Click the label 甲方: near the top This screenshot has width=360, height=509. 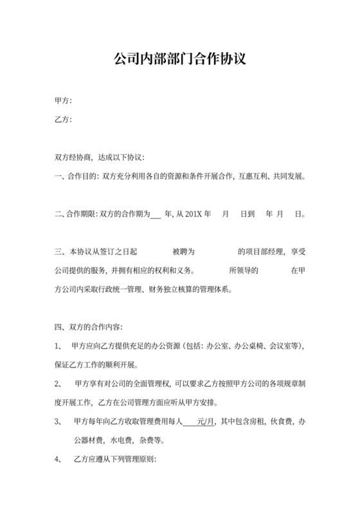[x=63, y=101]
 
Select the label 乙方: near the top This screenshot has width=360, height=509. [x=63, y=120]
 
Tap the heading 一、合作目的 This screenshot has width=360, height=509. [x=76, y=176]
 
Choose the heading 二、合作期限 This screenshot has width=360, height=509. [x=76, y=214]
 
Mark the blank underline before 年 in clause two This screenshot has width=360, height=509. [x=155, y=215]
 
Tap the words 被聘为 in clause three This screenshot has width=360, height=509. [x=184, y=252]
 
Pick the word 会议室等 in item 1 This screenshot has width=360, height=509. [x=280, y=346]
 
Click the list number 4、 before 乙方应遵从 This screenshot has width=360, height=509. [x=59, y=460]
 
